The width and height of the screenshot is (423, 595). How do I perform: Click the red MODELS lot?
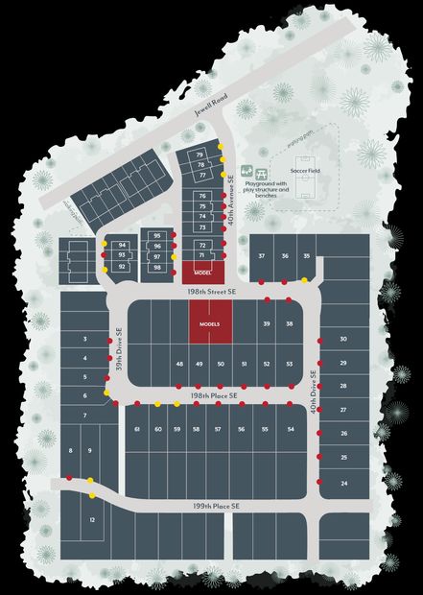pyautogui.click(x=209, y=322)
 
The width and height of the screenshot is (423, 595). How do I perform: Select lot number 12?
pyautogui.click(x=92, y=519)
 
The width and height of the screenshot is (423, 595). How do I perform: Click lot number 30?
pyautogui.click(x=342, y=340)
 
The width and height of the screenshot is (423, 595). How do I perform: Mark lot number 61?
pyautogui.click(x=138, y=429)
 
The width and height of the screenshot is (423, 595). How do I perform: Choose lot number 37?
pyautogui.click(x=261, y=256)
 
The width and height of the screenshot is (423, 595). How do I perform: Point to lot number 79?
pyautogui.click(x=200, y=155)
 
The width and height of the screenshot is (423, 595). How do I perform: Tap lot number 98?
pyautogui.click(x=157, y=268)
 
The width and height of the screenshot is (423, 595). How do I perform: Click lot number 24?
pyautogui.click(x=343, y=483)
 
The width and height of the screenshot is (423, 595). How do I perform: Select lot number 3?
pyautogui.click(x=85, y=340)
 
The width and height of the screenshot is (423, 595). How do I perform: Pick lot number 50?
pyautogui.click(x=221, y=365)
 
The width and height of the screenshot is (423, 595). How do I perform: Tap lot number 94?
pyautogui.click(x=122, y=246)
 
